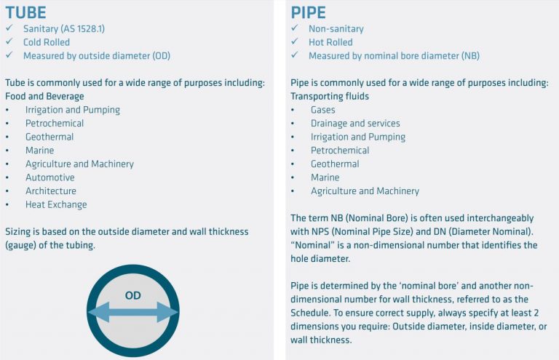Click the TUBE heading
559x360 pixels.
25,12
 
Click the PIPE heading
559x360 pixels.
309,12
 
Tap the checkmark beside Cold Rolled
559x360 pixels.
9,42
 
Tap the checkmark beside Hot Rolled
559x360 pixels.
294,42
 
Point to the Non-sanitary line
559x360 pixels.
336,28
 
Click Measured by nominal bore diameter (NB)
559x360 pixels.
394,56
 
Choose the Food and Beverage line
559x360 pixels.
44,96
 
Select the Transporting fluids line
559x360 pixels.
330,96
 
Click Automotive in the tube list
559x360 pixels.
49,177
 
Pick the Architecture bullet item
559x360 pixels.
50,191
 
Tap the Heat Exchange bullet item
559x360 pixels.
56,204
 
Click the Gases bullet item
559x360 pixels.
322,110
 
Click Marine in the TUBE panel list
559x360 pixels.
39,151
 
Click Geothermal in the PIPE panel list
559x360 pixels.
335,164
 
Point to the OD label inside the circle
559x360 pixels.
132,296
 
